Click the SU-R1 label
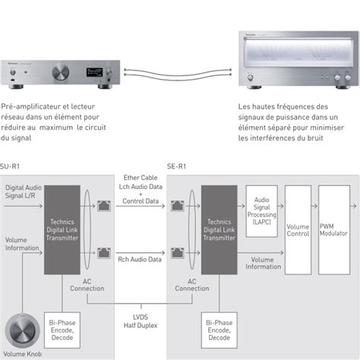click(x=10, y=165)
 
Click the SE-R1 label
click(x=177, y=165)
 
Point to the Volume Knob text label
click(x=22, y=355)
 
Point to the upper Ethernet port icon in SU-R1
click(x=103, y=205)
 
